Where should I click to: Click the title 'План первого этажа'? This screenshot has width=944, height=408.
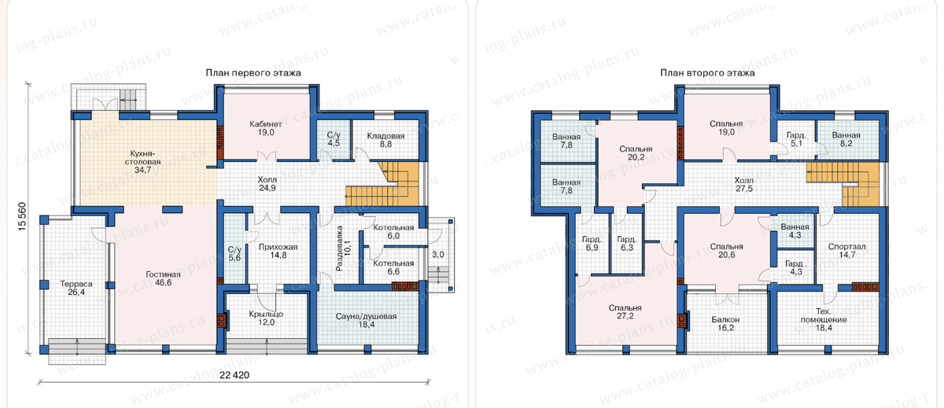tap(253, 73)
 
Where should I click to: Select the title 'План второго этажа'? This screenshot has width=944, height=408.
tap(707, 73)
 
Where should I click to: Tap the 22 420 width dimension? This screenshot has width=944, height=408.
tap(234, 375)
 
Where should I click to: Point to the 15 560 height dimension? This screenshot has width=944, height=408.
tap(22, 216)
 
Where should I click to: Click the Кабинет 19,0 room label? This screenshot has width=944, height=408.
tap(266, 128)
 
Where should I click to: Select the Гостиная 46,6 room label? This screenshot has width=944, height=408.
tap(163, 278)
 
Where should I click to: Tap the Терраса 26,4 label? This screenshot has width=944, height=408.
tap(76, 288)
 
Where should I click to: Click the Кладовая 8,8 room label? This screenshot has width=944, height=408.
tap(385, 140)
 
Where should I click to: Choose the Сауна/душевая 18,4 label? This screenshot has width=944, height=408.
tap(367, 320)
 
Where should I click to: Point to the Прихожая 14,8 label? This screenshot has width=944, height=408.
tap(278, 251)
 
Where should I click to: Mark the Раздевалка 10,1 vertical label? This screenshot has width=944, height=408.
tap(343, 248)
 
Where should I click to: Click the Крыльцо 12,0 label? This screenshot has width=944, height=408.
tap(266, 318)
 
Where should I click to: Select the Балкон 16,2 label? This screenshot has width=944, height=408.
tap(725, 323)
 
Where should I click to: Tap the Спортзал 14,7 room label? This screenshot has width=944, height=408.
tap(847, 251)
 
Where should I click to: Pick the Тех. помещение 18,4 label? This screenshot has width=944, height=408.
tap(824, 319)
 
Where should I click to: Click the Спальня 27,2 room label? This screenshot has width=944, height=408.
tap(625, 312)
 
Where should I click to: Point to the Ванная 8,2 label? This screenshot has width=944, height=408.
tap(846, 139)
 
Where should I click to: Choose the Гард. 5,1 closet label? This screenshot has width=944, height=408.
tap(796, 139)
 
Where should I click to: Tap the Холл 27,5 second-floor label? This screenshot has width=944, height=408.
tap(744, 184)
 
